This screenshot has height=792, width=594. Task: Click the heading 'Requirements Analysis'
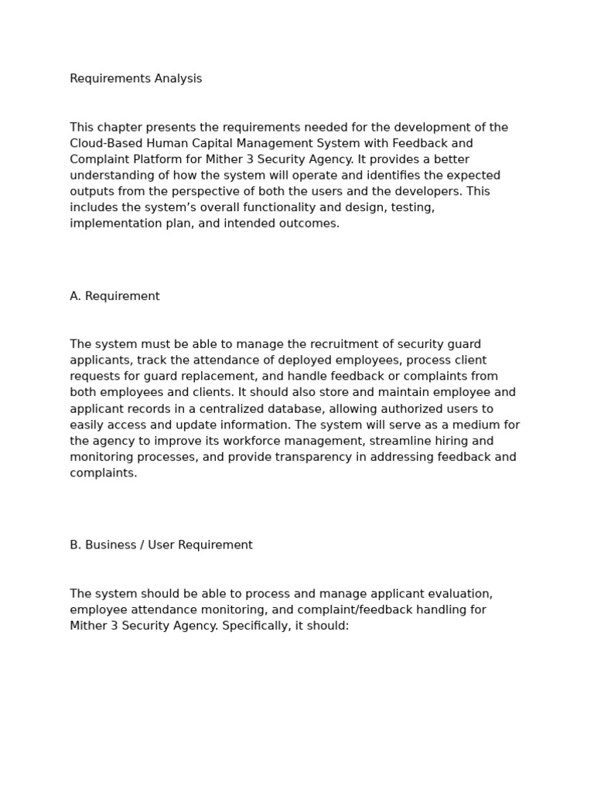tap(135, 79)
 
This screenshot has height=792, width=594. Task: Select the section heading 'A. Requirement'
tap(114, 296)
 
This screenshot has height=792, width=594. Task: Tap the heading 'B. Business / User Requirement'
tap(161, 545)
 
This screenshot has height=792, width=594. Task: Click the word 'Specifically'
tap(256, 626)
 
